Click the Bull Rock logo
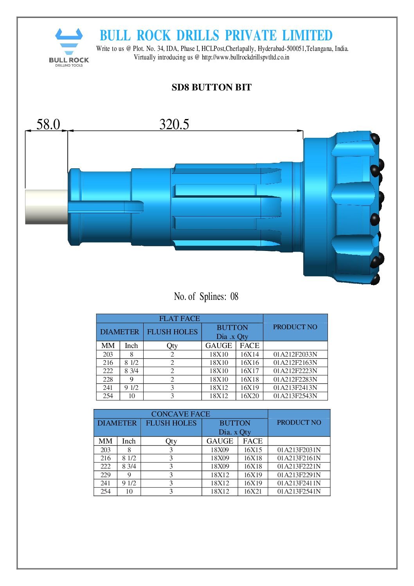tap(69, 47)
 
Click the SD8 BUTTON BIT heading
tap(211, 87)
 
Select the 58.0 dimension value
tap(48, 124)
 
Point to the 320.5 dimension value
tap(174, 124)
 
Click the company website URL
tap(245, 57)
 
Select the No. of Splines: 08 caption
tap(206, 296)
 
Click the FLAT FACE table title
tap(179, 319)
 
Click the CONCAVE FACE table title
tap(180, 414)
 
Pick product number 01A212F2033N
tap(295, 354)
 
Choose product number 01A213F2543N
tap(295, 396)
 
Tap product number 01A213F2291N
tap(299, 475)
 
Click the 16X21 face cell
tap(253, 491)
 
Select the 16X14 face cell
tap(250, 354)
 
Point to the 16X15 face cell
tap(253, 450)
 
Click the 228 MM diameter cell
tap(108, 379)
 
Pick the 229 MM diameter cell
tap(105, 475)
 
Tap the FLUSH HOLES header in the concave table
tap(171, 423)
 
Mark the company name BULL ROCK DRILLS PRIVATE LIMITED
tap(216, 36)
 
